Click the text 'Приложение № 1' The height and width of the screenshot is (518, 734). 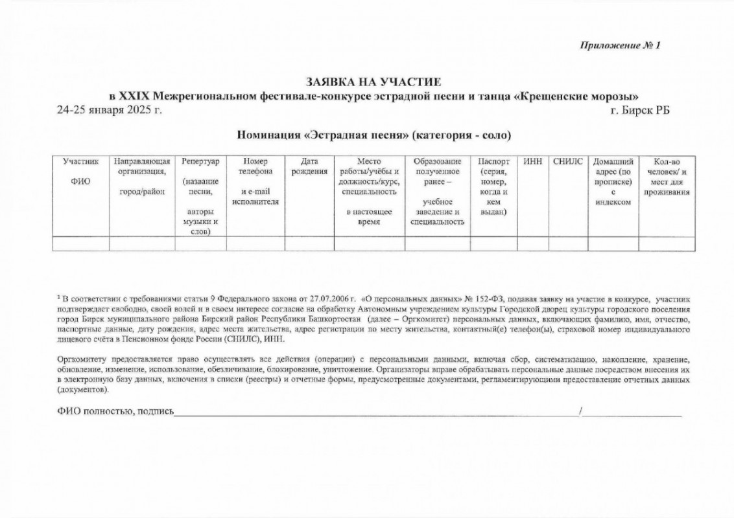pyautogui.click(x=619, y=45)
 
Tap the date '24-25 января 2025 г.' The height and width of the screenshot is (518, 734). pyautogui.click(x=109, y=109)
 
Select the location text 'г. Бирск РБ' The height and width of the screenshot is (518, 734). pyautogui.click(x=640, y=109)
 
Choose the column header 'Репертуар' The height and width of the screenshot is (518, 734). pyautogui.click(x=200, y=161)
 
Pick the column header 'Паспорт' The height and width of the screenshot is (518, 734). pyautogui.click(x=493, y=161)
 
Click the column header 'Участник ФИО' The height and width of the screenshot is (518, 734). pyautogui.click(x=80, y=171)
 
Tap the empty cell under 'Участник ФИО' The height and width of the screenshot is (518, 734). pyautogui.click(x=80, y=243)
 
